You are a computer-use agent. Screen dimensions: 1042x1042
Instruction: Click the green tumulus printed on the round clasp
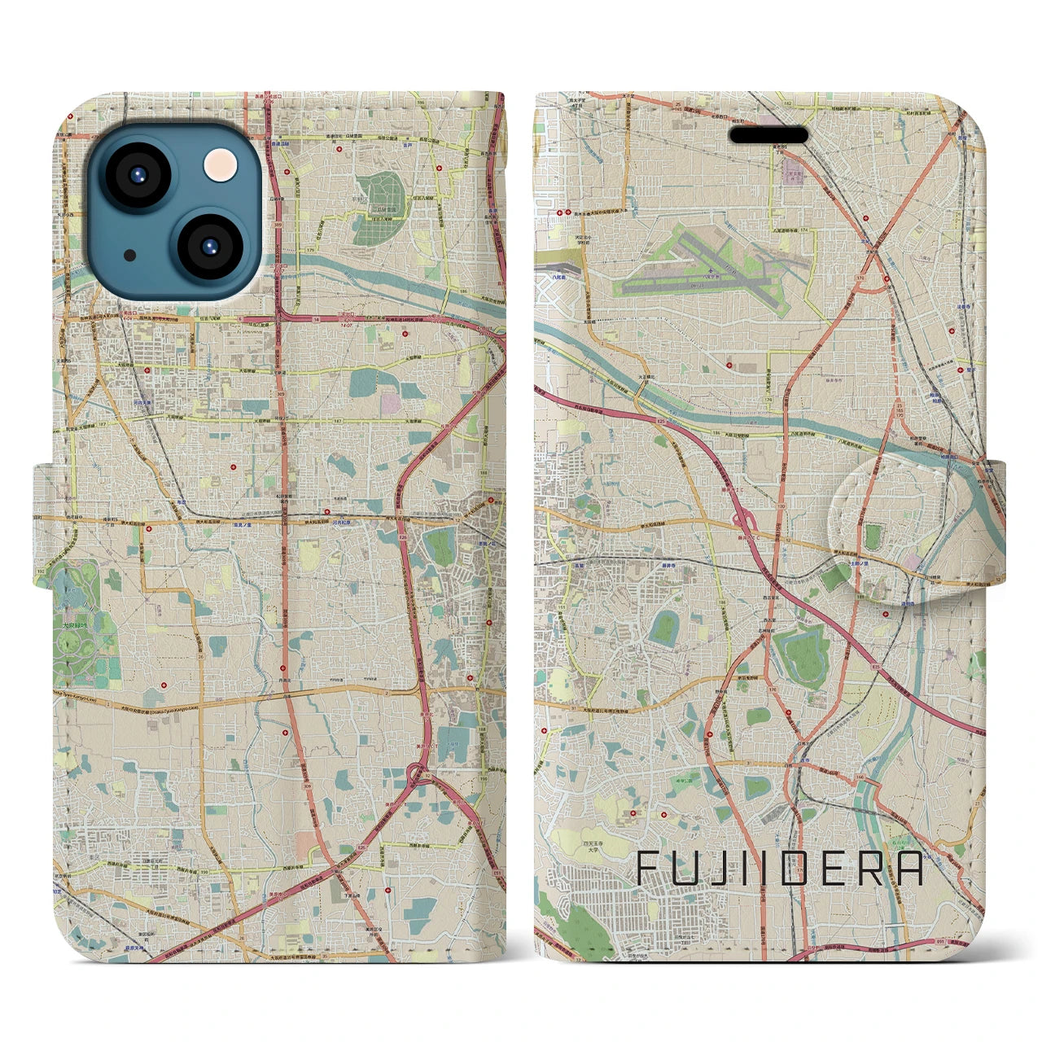coord(873,536)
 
